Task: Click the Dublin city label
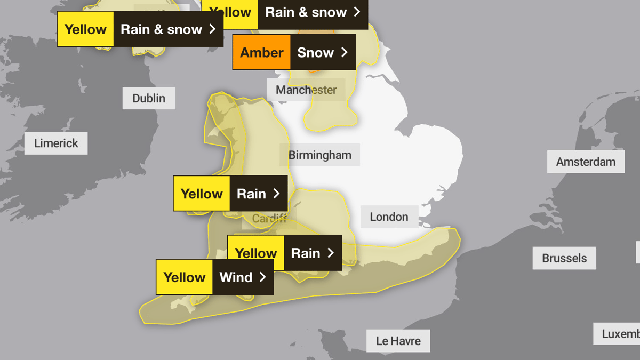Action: tap(149, 98)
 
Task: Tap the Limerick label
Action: tap(56, 143)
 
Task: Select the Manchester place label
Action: tap(306, 90)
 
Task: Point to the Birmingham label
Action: tap(320, 155)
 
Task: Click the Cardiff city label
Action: tap(269, 219)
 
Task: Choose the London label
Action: tap(389, 217)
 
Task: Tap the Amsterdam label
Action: tap(586, 162)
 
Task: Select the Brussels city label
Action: tap(564, 258)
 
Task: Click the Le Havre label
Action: tap(398, 341)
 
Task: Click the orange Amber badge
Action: tap(261, 52)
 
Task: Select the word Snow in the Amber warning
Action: tap(315, 52)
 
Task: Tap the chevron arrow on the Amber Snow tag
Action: tap(345, 52)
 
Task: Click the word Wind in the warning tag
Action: tap(236, 277)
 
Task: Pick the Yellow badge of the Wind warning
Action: tap(185, 277)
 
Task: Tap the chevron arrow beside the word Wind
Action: tap(262, 277)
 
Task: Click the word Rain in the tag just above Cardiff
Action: tap(251, 194)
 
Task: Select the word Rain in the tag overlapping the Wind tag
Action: tap(306, 253)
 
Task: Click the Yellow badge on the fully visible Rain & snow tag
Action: tap(85, 29)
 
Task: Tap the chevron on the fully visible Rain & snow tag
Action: tap(212, 29)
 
